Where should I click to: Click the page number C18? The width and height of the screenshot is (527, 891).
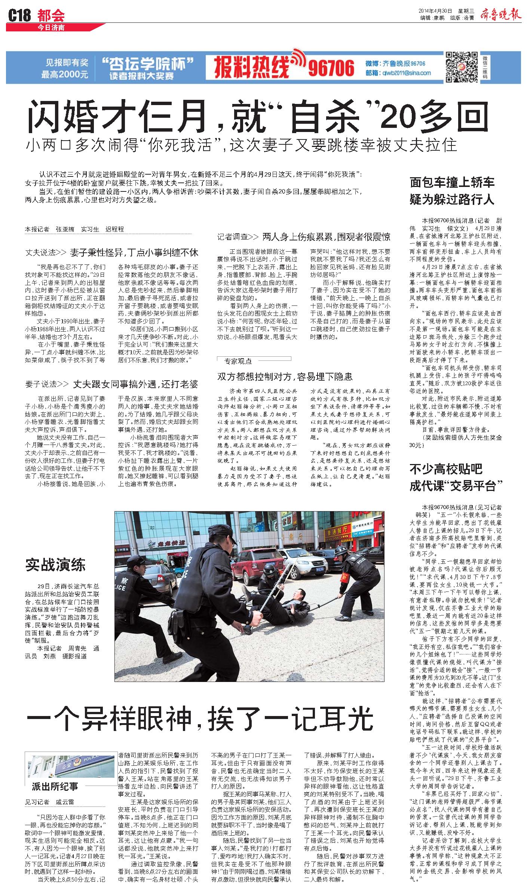pyautogui.click(x=19, y=15)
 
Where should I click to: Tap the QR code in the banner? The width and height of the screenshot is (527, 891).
pyautogui.click(x=462, y=67)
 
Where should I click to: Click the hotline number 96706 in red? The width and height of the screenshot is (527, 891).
pyautogui.click(x=331, y=68)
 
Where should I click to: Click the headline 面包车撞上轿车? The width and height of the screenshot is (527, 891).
pyautogui.click(x=452, y=182)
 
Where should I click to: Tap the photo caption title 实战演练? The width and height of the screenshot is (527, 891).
pyautogui.click(x=55, y=564)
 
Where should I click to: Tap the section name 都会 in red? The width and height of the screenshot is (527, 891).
pyautogui.click(x=51, y=15)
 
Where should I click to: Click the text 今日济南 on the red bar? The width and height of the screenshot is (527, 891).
pyautogui.click(x=51, y=28)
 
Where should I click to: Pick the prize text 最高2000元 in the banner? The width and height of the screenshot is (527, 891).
pyautogui.click(x=65, y=74)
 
